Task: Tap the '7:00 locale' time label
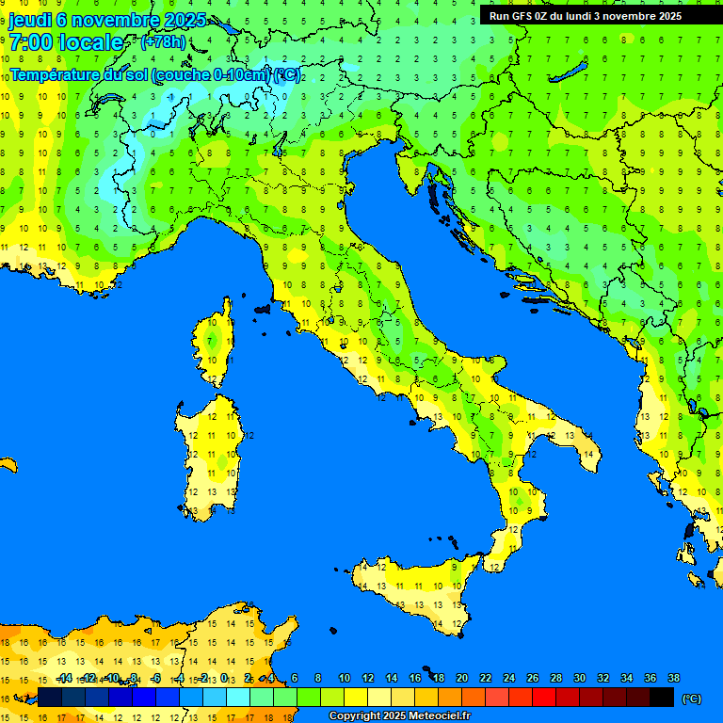(x=66, y=42)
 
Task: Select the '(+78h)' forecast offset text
(x=163, y=42)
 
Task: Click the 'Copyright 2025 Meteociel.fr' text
(x=399, y=716)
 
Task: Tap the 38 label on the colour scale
(x=673, y=678)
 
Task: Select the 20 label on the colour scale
(x=461, y=678)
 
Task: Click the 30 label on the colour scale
(x=579, y=678)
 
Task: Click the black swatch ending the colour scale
(x=662, y=697)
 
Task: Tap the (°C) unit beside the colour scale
(x=691, y=698)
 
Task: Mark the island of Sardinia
(x=212, y=452)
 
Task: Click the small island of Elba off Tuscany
(x=263, y=308)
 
